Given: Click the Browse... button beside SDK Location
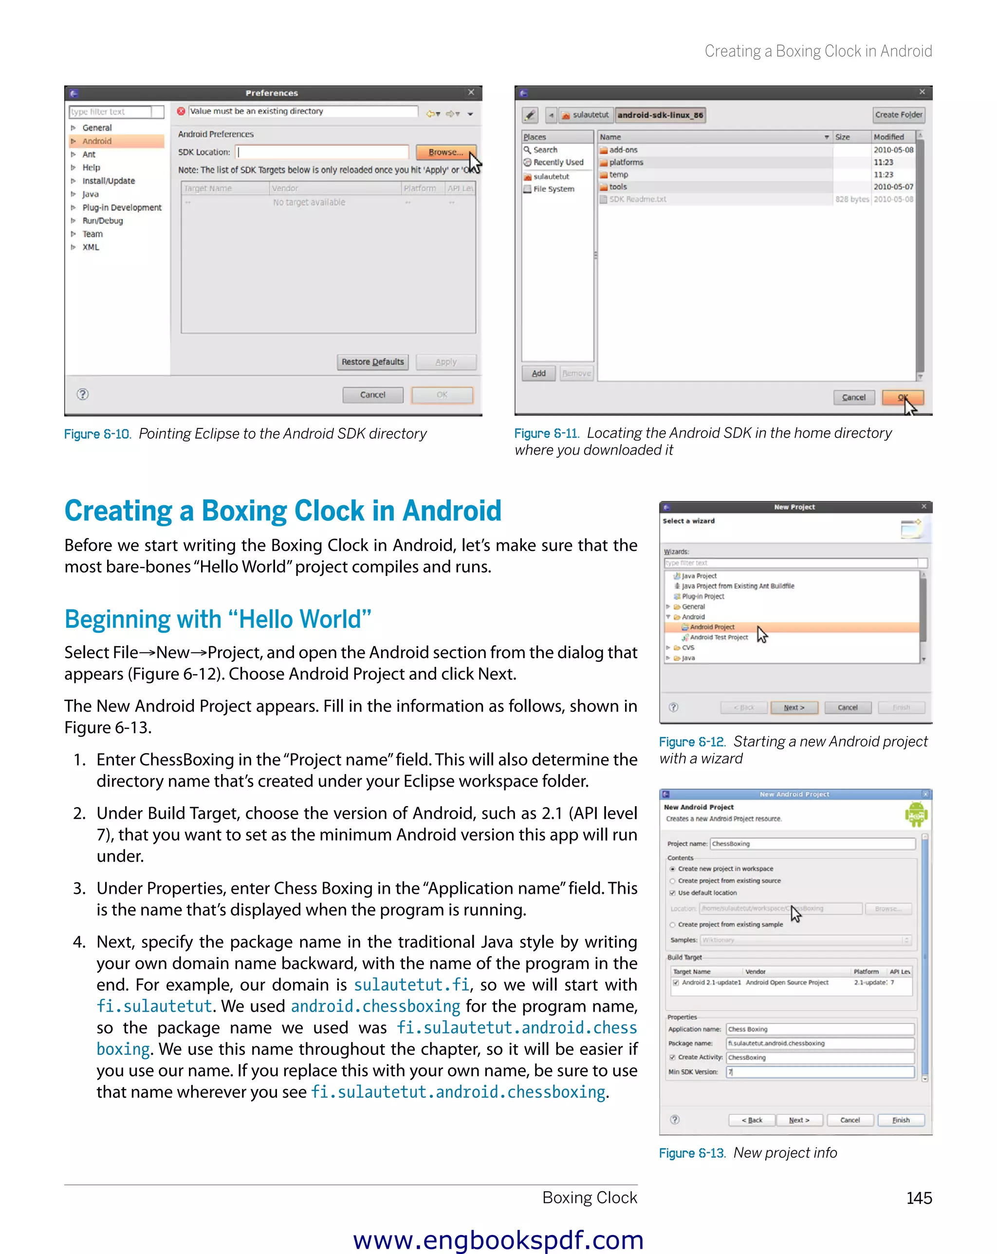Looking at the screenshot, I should pyautogui.click(x=445, y=152).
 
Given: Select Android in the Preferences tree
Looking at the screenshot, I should pyautogui.click(x=96, y=141).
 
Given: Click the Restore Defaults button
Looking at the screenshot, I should pyautogui.click(x=372, y=362).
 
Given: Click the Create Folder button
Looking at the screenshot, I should pyautogui.click(x=898, y=114).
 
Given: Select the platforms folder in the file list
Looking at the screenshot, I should pyautogui.click(x=626, y=162).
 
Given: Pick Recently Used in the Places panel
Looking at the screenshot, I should pyautogui.click(x=557, y=162).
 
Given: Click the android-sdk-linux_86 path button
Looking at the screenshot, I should pyautogui.click(x=660, y=114).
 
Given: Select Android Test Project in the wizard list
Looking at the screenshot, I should pyautogui.click(x=719, y=638).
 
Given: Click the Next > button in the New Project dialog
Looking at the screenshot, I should pyautogui.click(x=794, y=707).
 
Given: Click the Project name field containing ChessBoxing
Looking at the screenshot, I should pyautogui.click(x=812, y=843).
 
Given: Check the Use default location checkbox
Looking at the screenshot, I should pyautogui.click(x=672, y=893).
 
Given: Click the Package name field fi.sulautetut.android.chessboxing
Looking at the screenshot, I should pyautogui.click(x=819, y=1043).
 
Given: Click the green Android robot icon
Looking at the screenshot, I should pyautogui.click(x=916, y=814).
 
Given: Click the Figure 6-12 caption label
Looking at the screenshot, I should pyautogui.click(x=692, y=741).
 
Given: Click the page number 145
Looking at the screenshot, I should pyautogui.click(x=919, y=1198).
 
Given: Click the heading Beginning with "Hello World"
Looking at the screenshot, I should pyautogui.click(x=218, y=619).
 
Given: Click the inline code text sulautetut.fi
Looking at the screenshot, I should pyautogui.click(x=411, y=985).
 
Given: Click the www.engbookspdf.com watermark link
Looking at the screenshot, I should pyautogui.click(x=498, y=1239).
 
